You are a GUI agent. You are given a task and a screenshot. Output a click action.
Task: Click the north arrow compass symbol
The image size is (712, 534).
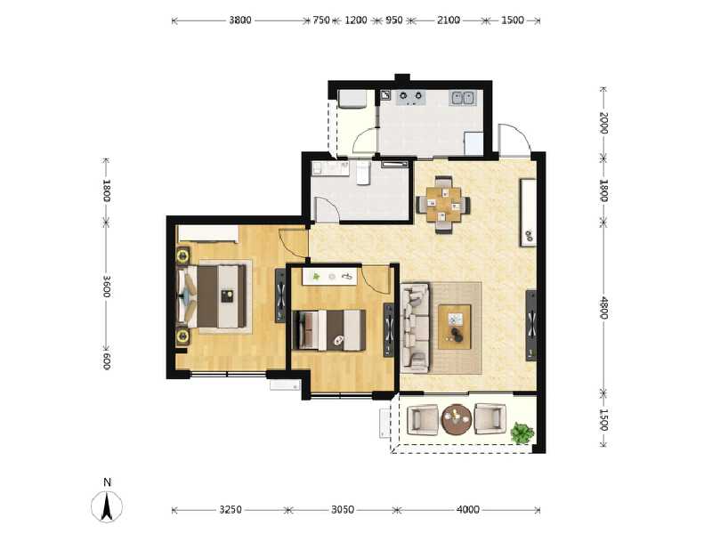[107, 506]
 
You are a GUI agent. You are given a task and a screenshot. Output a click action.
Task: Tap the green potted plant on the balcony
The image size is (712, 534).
[522, 433]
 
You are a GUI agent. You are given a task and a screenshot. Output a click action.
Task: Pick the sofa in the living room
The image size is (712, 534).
[414, 326]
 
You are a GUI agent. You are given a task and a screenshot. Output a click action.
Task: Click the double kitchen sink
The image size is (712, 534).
[463, 98]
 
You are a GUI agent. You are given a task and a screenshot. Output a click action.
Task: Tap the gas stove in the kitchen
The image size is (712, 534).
[409, 97]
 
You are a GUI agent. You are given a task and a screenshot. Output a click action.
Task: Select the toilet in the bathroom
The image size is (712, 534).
[362, 173]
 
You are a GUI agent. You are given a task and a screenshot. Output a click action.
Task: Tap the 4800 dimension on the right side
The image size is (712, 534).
[603, 309]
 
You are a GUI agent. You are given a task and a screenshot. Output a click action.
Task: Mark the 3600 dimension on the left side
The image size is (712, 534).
[106, 286]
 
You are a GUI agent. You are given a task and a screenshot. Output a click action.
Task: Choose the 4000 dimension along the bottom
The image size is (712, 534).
[468, 510]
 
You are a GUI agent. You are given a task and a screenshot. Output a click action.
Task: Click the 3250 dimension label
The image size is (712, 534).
[230, 510]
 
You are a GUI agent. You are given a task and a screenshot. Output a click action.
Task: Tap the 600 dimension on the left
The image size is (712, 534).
[106, 360]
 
